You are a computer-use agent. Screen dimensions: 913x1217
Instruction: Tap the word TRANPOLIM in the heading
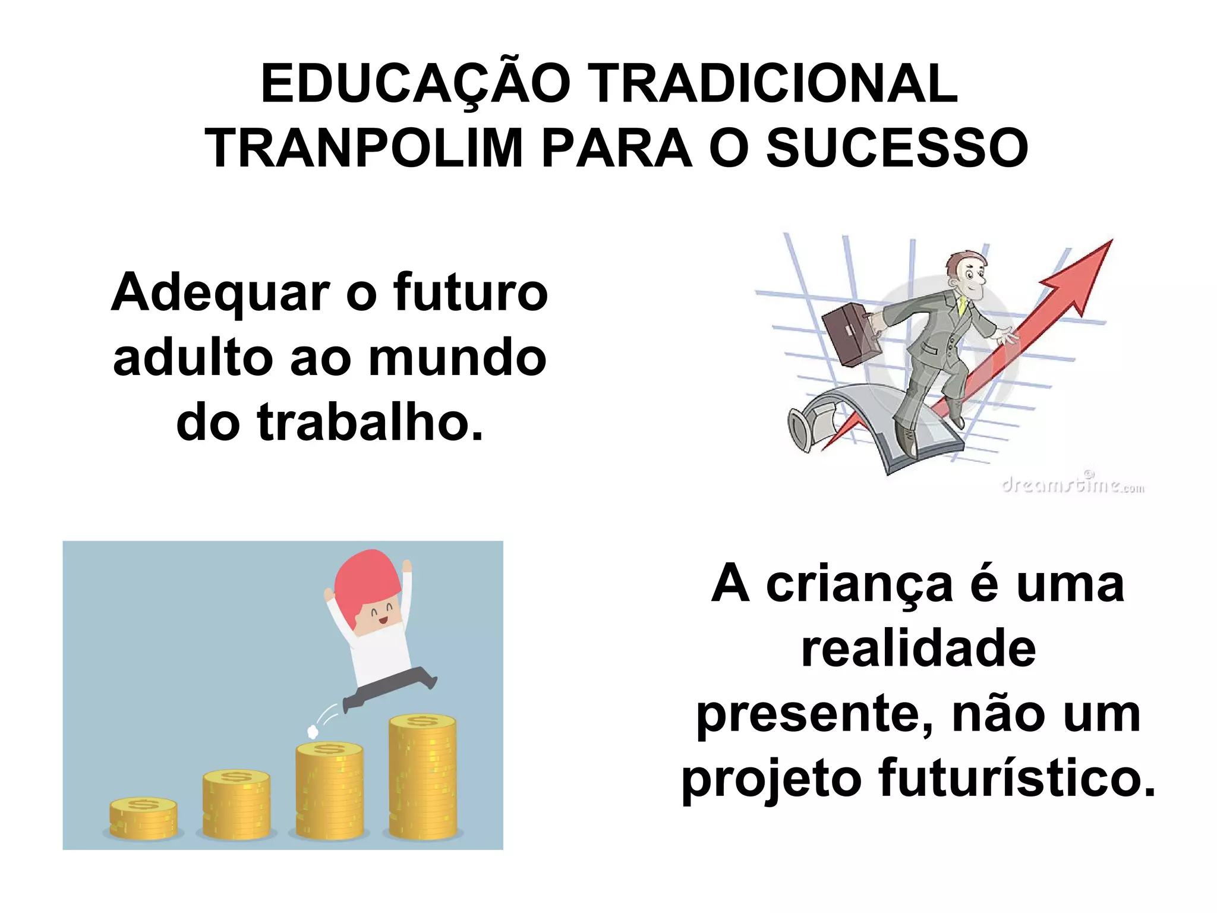pos(364,149)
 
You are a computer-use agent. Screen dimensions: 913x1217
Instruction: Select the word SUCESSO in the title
pos(897,149)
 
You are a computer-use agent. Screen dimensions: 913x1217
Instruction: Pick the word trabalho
pos(370,423)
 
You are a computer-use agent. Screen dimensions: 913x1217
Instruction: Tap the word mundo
pos(457,358)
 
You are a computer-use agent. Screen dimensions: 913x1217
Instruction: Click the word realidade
pos(918,649)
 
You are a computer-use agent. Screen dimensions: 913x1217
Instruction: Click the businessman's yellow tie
pos(961,306)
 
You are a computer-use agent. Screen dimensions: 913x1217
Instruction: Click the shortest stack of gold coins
pos(143,819)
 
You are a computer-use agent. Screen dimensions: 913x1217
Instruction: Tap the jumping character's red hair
pos(365,580)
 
